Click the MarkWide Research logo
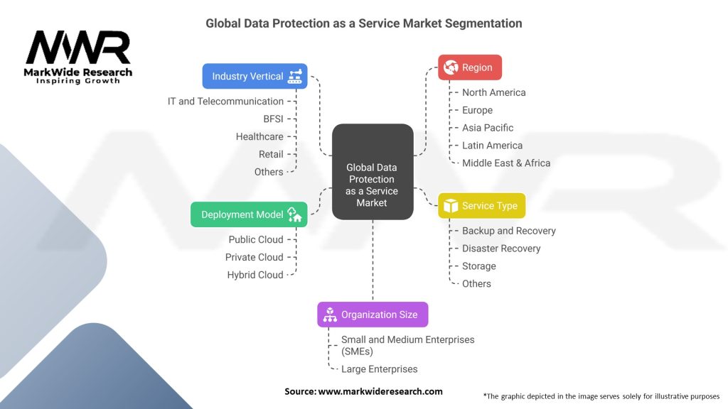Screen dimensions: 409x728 click(x=78, y=57)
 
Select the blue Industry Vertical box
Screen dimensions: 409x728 click(x=255, y=76)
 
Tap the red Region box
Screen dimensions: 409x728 click(x=469, y=67)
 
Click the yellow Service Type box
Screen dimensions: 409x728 click(x=481, y=206)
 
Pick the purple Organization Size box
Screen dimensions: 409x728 click(x=373, y=315)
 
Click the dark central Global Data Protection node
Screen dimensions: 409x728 click(x=372, y=185)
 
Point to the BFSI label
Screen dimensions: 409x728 click(x=273, y=119)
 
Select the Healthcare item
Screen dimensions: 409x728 click(x=259, y=136)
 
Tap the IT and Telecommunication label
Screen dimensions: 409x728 click(x=225, y=101)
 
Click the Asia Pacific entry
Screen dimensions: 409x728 click(x=488, y=128)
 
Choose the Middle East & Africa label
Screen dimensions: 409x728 click(x=506, y=163)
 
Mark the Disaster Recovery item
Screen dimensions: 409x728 click(x=501, y=249)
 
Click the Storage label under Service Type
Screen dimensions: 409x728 click(x=479, y=266)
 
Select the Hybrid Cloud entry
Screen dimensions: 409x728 click(x=255, y=275)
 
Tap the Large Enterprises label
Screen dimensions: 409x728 click(x=380, y=369)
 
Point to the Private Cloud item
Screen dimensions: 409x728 click(x=255, y=257)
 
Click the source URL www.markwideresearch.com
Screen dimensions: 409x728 click(x=380, y=391)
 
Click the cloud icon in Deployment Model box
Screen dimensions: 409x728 click(x=294, y=214)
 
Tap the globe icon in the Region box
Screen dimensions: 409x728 click(x=451, y=67)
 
